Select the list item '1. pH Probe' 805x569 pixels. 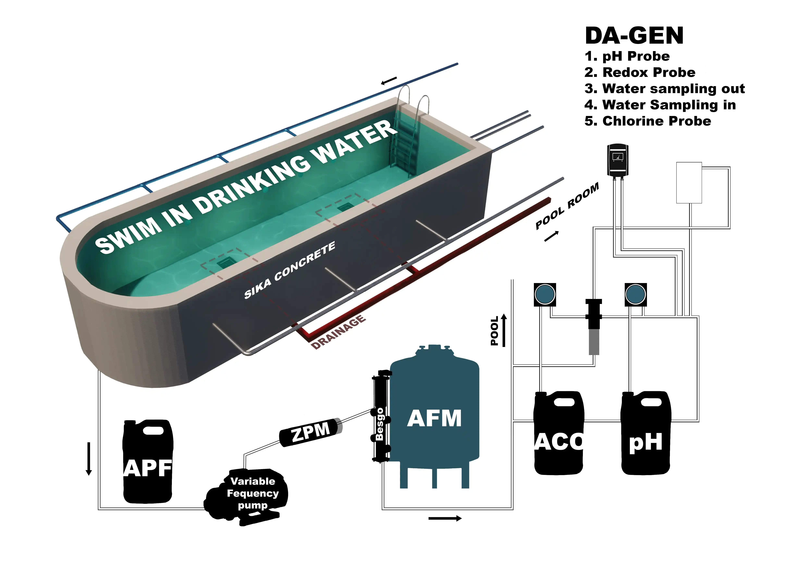click(627, 56)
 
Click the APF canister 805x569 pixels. click(148, 462)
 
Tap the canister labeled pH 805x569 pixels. click(645, 435)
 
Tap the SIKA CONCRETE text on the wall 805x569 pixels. click(290, 270)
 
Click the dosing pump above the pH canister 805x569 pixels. click(635, 294)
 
